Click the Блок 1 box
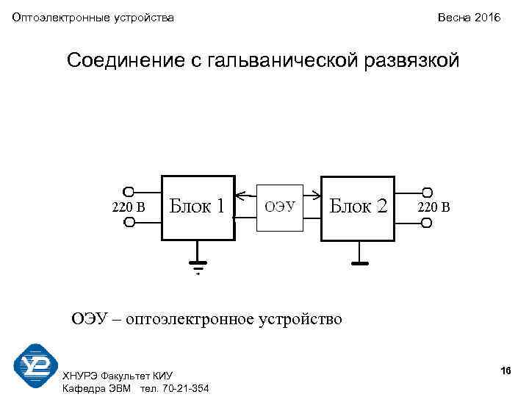click(x=198, y=207)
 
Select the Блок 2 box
click(x=358, y=207)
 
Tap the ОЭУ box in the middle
click(x=279, y=207)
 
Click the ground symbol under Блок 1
click(x=198, y=262)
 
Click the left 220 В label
click(x=128, y=207)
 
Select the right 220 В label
click(x=433, y=207)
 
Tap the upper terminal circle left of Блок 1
click(x=129, y=190)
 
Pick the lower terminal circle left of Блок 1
click(x=129, y=222)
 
